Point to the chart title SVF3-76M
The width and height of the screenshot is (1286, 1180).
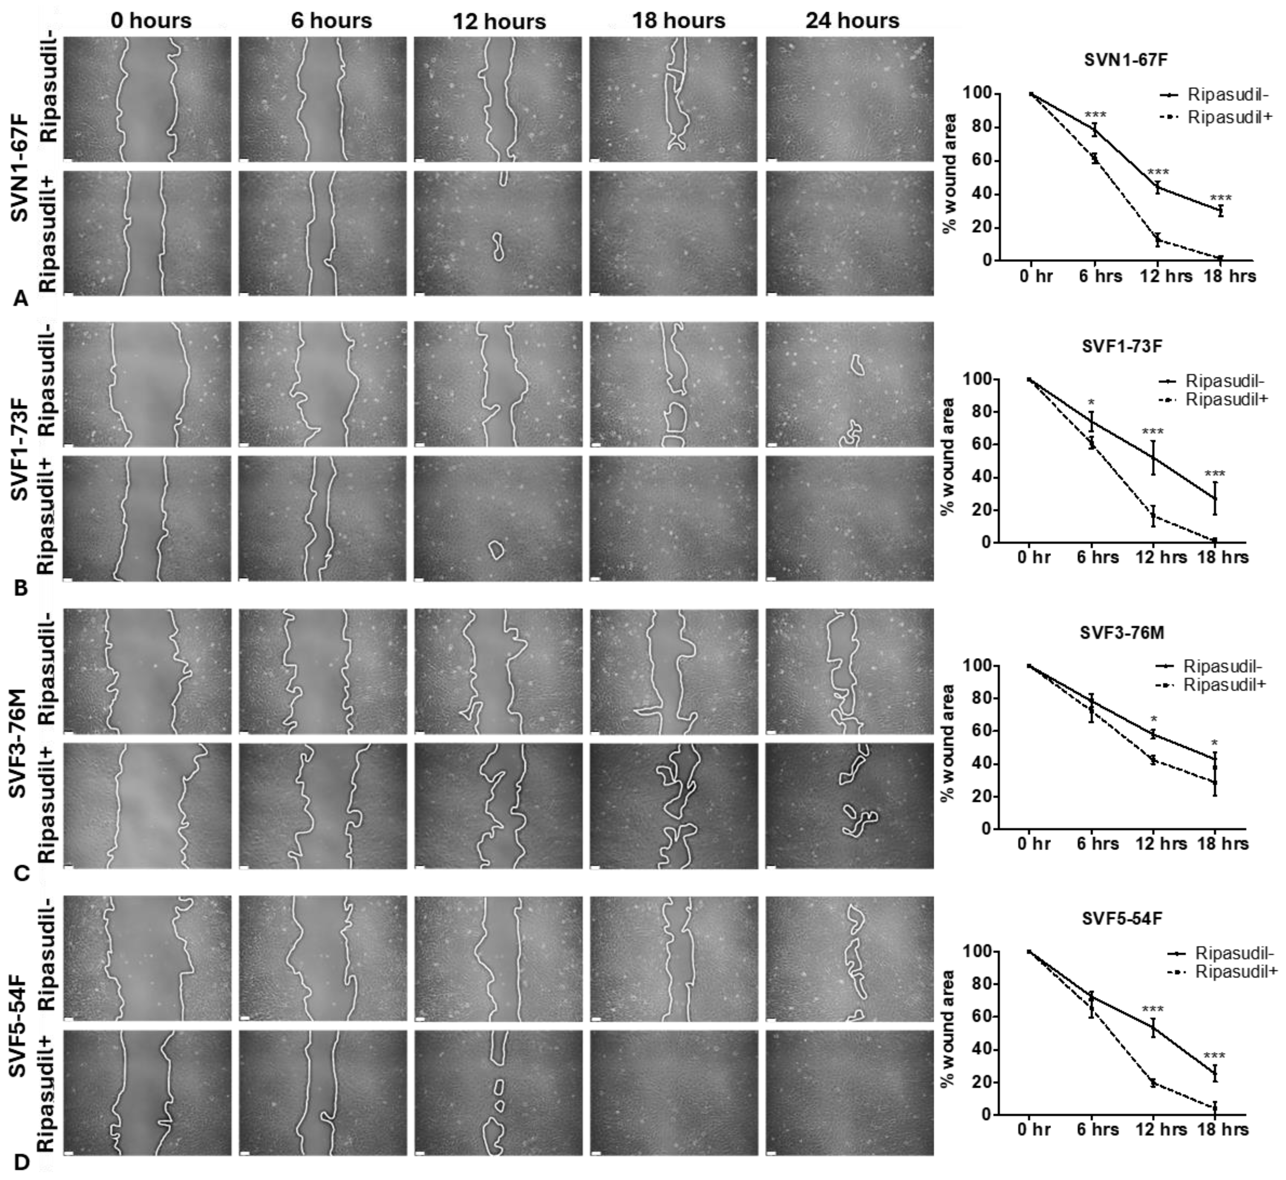1122,633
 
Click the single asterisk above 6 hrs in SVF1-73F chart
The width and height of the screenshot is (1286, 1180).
1091,403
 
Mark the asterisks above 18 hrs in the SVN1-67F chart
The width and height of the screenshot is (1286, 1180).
1221,199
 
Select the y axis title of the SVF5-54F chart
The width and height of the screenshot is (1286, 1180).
949,1028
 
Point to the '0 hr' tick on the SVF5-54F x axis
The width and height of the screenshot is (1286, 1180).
1033,1129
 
